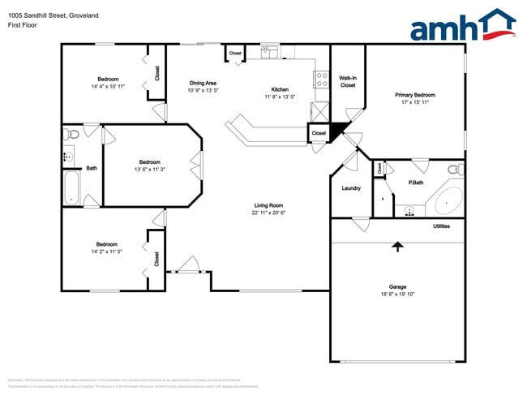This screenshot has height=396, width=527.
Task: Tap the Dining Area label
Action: coord(202,83)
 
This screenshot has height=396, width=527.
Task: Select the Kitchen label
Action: coord(280,89)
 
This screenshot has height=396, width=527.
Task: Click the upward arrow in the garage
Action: coord(397,246)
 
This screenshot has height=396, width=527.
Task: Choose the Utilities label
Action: coord(441,226)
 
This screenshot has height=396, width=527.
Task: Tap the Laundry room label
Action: coord(351,188)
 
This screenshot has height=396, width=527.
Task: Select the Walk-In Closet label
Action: coord(348,81)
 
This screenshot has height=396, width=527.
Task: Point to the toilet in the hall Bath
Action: coord(71,134)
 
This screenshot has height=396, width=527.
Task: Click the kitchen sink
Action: coord(270,53)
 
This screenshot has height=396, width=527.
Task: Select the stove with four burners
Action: coord(321,80)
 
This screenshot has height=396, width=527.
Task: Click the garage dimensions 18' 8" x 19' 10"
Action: coord(397,294)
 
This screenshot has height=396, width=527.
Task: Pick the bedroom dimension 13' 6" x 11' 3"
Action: coord(148,169)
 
